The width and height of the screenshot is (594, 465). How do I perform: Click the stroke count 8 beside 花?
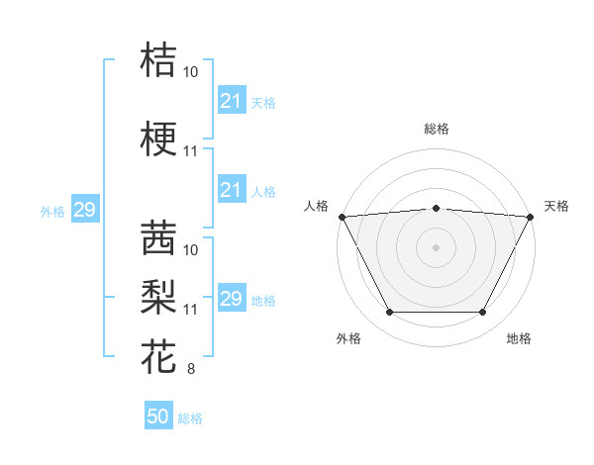pyautogui.click(x=190, y=370)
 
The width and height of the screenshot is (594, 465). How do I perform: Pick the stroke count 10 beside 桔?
pyautogui.click(x=190, y=72)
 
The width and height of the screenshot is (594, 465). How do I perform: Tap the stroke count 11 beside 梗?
pyautogui.click(x=190, y=152)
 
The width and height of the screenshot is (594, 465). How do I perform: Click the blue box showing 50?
pyautogui.click(x=158, y=417)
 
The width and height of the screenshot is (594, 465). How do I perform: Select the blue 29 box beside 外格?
pyautogui.click(x=84, y=210)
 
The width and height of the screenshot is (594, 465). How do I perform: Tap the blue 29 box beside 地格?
pyautogui.click(x=231, y=299)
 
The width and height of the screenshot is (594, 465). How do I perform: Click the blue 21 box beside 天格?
pyautogui.click(x=231, y=100)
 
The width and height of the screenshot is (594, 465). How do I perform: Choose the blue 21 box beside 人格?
pyautogui.click(x=231, y=190)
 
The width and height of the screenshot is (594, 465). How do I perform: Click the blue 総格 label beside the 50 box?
pyautogui.click(x=190, y=418)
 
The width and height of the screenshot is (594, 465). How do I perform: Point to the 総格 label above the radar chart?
pyautogui.click(x=436, y=129)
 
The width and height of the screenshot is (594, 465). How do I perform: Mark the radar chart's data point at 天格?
pyautogui.click(x=531, y=216)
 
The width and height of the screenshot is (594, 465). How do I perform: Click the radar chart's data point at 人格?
pyautogui.click(x=342, y=216)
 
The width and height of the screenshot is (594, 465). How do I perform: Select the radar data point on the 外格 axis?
pyautogui.click(x=389, y=313)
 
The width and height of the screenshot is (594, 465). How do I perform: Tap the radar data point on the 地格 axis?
pyautogui.click(x=483, y=313)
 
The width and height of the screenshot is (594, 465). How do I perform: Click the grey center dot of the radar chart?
pyautogui.click(x=436, y=246)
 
